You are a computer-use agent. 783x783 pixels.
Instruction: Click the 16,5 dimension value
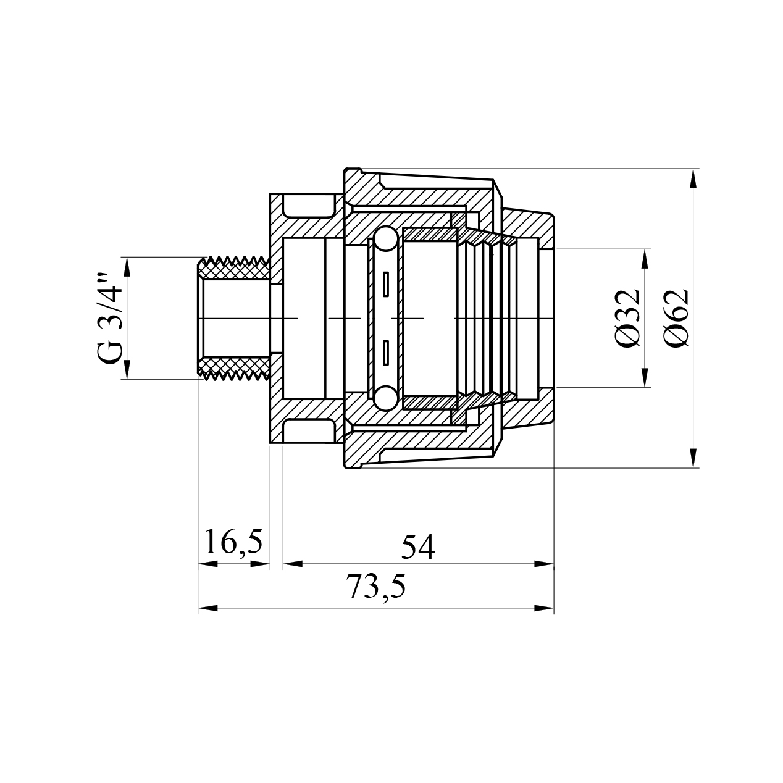[x=233, y=542]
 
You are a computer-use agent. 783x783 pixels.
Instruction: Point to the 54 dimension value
[x=418, y=547]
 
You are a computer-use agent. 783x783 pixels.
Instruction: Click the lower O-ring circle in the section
[x=385, y=397]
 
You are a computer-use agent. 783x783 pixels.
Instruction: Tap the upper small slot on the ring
[x=386, y=285]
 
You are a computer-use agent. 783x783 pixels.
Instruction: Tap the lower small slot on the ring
[x=386, y=352]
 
